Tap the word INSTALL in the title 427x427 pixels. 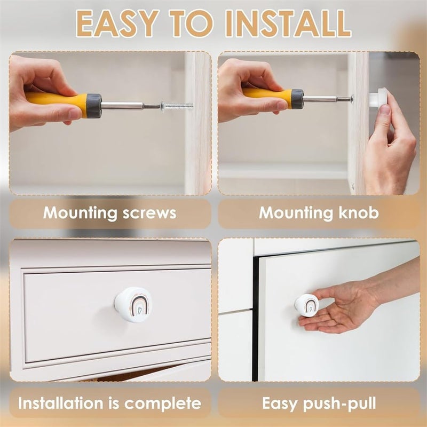point(288,23)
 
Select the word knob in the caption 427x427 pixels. point(358,212)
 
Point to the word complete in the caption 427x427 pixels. point(163,404)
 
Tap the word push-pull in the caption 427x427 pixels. point(339,404)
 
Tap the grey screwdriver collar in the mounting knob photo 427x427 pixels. point(297,98)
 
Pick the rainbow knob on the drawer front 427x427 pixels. point(133,304)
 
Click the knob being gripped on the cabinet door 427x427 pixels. point(306,305)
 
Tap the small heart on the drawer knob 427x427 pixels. point(139,310)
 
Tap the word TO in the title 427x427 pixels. point(191,23)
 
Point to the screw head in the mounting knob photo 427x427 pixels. point(352,99)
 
